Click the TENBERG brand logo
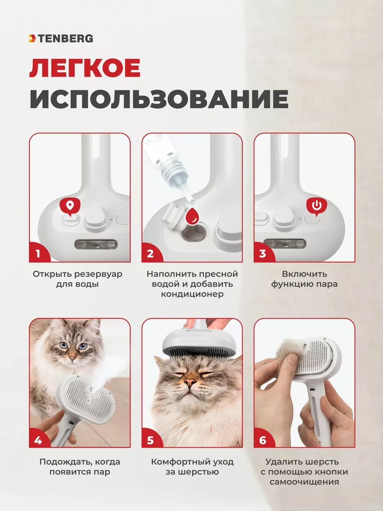(x=61, y=38)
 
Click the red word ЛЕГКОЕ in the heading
(x=85, y=68)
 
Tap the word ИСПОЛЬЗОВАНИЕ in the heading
(x=159, y=99)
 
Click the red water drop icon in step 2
(x=192, y=215)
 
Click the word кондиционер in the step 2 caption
(x=192, y=294)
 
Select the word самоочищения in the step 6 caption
(x=304, y=482)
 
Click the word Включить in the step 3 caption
(x=304, y=274)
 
